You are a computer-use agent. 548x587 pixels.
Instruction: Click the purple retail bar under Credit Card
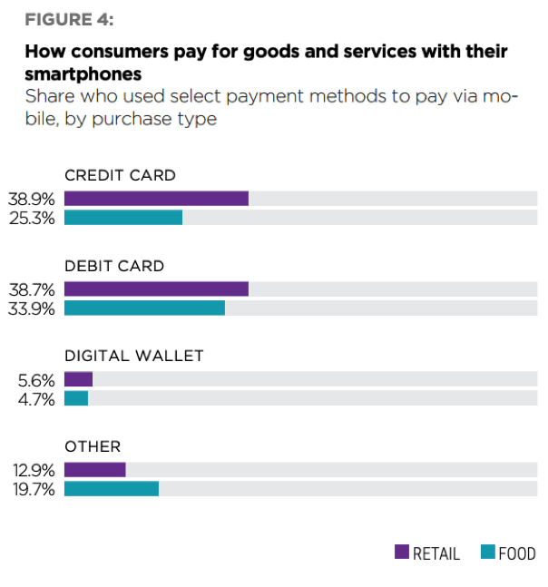tap(156, 199)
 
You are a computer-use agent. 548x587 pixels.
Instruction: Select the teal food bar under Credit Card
tap(123, 218)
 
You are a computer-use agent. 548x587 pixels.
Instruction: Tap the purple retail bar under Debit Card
tap(156, 289)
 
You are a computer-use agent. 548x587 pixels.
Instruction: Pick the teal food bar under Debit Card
tap(144, 308)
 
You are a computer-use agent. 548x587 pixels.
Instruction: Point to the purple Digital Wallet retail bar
tap(78, 380)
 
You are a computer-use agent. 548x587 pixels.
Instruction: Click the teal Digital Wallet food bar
tap(76, 399)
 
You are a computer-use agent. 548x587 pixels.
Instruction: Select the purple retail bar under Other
tap(94, 470)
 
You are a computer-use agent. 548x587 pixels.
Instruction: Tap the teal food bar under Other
tap(112, 489)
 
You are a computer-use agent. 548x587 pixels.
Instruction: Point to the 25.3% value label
tap(33, 218)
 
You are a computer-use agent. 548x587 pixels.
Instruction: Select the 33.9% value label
tap(33, 308)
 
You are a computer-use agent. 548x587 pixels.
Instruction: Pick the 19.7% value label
tap(33, 489)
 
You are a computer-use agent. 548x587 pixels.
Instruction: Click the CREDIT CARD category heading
tap(120, 176)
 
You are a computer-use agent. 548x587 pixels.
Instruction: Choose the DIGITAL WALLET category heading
tap(133, 357)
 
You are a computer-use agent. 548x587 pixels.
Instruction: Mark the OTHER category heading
tap(92, 446)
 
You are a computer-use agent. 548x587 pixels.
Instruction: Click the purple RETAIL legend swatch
tap(402, 553)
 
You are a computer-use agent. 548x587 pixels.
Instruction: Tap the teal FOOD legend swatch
tap(488, 553)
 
